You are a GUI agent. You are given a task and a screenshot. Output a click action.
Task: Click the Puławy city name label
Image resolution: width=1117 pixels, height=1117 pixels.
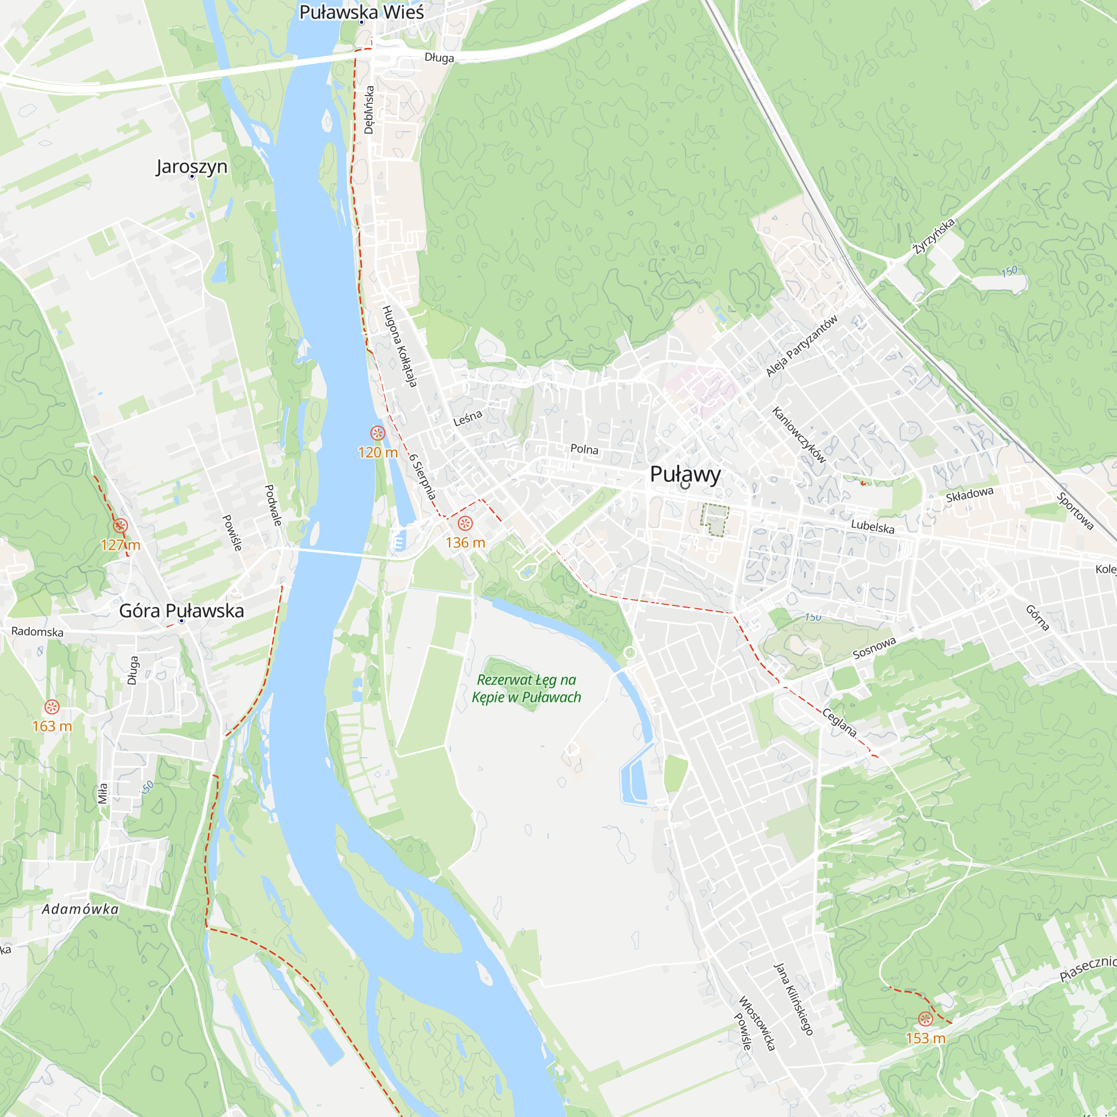click(685, 474)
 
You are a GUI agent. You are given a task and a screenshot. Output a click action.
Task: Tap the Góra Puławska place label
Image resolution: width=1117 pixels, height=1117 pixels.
click(182, 610)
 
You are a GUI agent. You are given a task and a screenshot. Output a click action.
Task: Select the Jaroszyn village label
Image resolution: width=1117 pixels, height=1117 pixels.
click(192, 166)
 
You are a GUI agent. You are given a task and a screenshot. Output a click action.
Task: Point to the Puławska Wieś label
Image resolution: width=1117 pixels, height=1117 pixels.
click(361, 12)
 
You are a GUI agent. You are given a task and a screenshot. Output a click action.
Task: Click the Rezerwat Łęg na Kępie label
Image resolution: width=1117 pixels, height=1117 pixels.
click(526, 689)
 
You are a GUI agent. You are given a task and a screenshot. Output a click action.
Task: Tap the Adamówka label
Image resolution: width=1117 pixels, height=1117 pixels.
click(80, 909)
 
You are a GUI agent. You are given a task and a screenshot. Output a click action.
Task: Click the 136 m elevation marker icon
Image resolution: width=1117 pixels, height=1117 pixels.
click(465, 524)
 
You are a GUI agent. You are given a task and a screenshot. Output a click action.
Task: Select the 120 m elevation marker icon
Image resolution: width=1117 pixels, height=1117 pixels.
click(378, 433)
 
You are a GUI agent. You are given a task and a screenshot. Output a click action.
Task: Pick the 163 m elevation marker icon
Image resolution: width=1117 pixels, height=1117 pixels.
click(52, 707)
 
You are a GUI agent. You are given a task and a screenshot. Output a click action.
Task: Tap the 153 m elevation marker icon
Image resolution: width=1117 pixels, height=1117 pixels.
click(925, 1019)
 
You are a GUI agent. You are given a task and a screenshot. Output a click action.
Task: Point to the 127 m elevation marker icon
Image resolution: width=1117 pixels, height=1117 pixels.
click(120, 526)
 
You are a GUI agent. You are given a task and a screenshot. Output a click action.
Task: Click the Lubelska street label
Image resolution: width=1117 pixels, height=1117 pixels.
click(872, 526)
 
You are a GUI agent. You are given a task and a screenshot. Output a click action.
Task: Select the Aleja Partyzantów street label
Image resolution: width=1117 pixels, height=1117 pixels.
click(801, 346)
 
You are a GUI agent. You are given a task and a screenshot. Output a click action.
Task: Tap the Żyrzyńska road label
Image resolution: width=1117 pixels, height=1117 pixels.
click(933, 236)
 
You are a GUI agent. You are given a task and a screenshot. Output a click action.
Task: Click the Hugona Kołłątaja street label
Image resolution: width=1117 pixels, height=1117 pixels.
click(399, 346)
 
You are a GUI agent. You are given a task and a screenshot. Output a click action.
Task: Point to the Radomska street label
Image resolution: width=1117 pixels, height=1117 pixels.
click(37, 631)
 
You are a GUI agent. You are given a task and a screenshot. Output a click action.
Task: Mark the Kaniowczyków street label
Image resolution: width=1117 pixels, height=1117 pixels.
click(799, 435)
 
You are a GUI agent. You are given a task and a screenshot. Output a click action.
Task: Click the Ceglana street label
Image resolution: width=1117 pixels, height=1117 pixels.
click(839, 723)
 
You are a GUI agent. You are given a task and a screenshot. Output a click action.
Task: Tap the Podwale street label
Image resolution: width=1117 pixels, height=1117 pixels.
click(273, 505)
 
